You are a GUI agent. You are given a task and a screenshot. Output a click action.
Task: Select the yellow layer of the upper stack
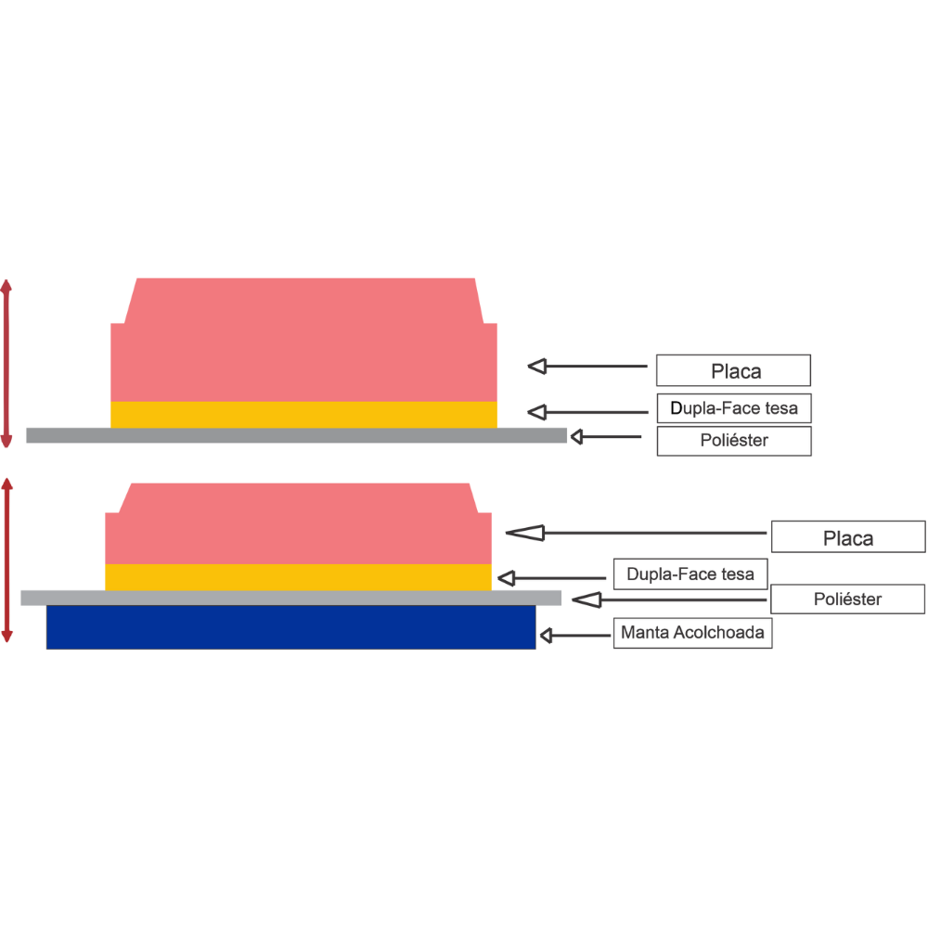tap(303, 414)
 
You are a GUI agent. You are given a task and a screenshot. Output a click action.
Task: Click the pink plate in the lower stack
tap(297, 529)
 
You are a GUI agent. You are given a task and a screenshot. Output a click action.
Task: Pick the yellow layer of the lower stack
tap(297, 576)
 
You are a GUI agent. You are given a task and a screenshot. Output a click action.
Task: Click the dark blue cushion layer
tap(291, 626)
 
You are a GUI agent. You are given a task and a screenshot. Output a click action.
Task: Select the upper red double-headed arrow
tap(7, 363)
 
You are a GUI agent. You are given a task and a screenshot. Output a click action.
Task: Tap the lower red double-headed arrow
tap(7, 560)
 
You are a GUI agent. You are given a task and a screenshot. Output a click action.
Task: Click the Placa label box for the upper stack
tap(732, 370)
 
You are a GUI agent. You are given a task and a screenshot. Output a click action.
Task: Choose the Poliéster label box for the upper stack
tap(733, 441)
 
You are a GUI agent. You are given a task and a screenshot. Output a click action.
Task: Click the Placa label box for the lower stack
tap(847, 537)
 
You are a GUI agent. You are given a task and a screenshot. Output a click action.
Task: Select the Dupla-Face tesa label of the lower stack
tap(690, 574)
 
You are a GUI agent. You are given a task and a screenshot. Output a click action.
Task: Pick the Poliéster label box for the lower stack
tap(847, 599)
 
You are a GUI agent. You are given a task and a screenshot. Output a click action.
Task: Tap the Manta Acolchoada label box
tap(692, 633)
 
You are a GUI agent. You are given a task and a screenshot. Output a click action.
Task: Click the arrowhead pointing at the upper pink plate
tap(536, 367)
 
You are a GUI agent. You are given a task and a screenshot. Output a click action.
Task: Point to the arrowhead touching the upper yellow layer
tap(536, 411)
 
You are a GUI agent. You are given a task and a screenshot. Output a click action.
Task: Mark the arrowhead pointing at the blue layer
tap(547, 636)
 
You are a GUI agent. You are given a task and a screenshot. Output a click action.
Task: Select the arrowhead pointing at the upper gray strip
tap(576, 436)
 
